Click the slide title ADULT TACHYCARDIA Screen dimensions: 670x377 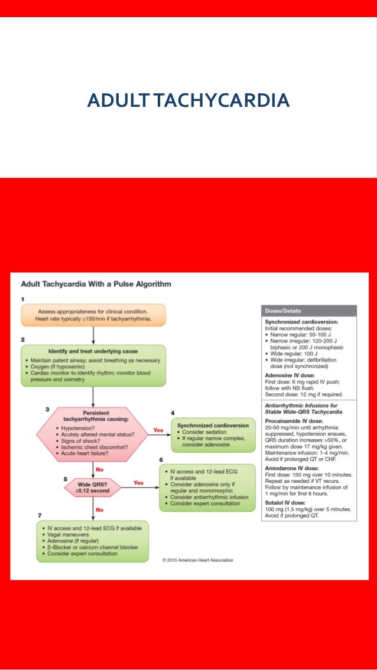[188, 100]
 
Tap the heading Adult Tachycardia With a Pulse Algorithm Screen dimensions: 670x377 [96, 284]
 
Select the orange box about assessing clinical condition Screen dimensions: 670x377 [94, 315]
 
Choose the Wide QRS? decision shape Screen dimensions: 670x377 [92, 487]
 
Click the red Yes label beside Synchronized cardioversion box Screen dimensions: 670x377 [158, 430]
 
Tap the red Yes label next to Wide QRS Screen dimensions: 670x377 [138, 482]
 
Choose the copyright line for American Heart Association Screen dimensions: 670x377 [197, 560]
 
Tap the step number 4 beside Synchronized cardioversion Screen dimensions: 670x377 [173, 413]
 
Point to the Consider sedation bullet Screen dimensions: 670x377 [203, 432]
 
